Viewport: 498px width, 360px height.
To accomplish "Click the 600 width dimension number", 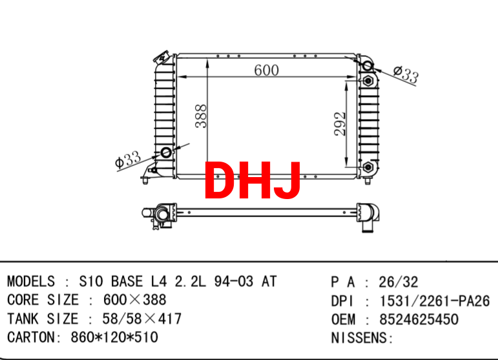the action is (x=267, y=70).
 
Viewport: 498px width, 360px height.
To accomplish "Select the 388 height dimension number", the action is (x=201, y=116).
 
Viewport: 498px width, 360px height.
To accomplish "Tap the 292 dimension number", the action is (x=340, y=123).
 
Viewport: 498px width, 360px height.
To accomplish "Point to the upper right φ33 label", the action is (x=406, y=75).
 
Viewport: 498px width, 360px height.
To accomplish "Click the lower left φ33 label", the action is (x=128, y=159).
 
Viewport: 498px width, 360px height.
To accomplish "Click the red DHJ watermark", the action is (x=253, y=180).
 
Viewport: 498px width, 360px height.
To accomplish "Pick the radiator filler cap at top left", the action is (x=161, y=57).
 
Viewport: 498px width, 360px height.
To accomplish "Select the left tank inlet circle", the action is (x=166, y=153).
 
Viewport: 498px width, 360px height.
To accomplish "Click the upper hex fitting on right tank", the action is (x=368, y=81).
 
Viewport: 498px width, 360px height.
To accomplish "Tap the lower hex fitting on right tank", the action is (x=368, y=167).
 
